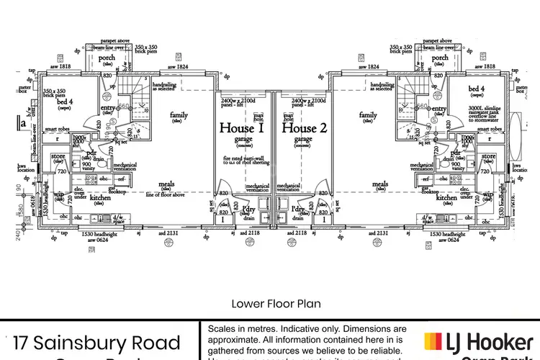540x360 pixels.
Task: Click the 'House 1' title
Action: pyautogui.click(x=241, y=128)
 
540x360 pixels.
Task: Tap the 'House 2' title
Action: pyautogui.click(x=304, y=128)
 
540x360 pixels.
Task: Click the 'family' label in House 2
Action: pyautogui.click(x=367, y=115)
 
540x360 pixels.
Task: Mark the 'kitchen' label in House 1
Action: pyautogui.click(x=100, y=197)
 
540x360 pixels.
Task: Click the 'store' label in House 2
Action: pyautogui.click(x=488, y=156)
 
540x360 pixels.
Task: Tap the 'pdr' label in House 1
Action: pyautogui.click(x=92, y=153)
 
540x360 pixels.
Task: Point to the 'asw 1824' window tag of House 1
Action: pyautogui.click(x=177, y=67)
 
